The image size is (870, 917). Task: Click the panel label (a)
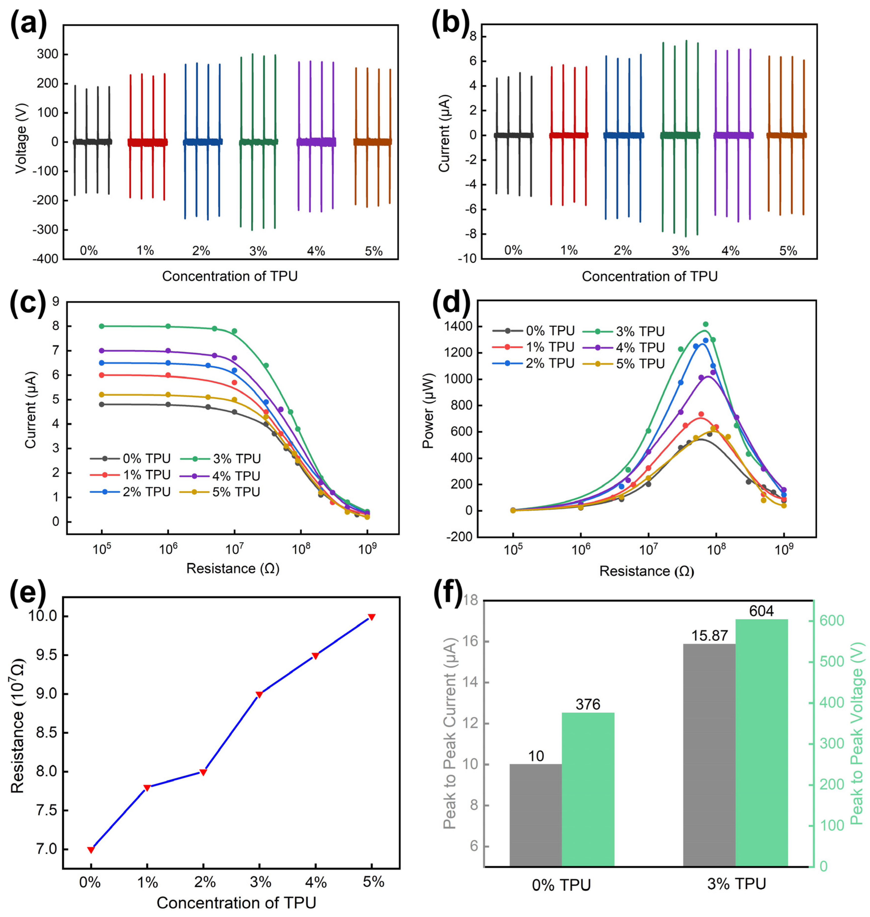29,24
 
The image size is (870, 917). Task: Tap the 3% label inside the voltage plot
258,251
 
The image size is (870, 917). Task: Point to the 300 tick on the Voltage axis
48,54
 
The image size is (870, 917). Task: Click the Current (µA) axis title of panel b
444,134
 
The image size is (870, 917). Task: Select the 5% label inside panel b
788,251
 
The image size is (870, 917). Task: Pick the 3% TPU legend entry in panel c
227,458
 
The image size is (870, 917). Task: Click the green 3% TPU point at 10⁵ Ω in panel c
102,326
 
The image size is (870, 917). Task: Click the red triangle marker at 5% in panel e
371,617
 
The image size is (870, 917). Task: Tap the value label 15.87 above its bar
709,635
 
